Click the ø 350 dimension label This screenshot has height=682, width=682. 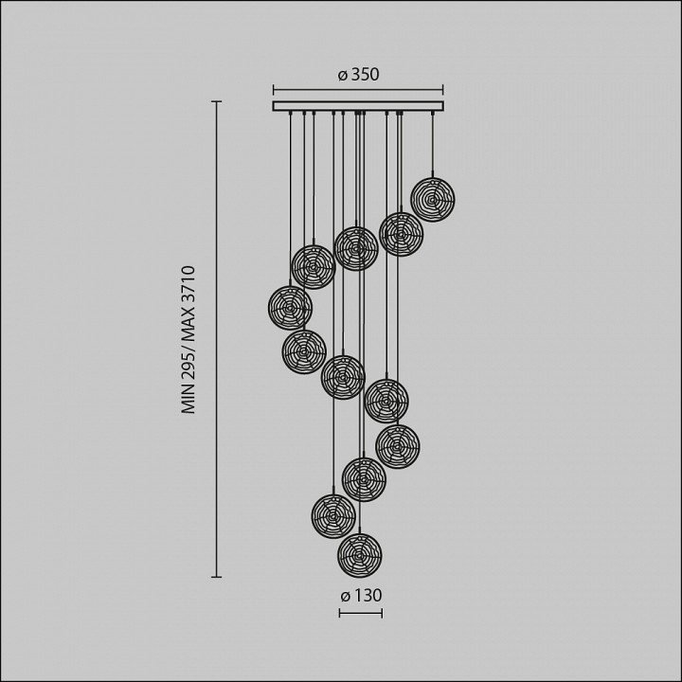coord(358,75)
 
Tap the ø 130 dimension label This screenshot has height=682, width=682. coord(361,596)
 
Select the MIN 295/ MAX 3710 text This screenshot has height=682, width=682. coord(188,340)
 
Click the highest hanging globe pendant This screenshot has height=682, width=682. coord(432,199)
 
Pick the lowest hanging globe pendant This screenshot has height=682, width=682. coord(360,555)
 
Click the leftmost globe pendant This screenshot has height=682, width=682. coord(290,308)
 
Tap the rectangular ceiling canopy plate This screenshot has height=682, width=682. coord(358,106)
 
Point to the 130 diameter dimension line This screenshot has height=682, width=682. coord(361,613)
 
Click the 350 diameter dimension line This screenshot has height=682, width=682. coord(358,90)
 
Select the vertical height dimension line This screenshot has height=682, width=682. coord(217,339)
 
